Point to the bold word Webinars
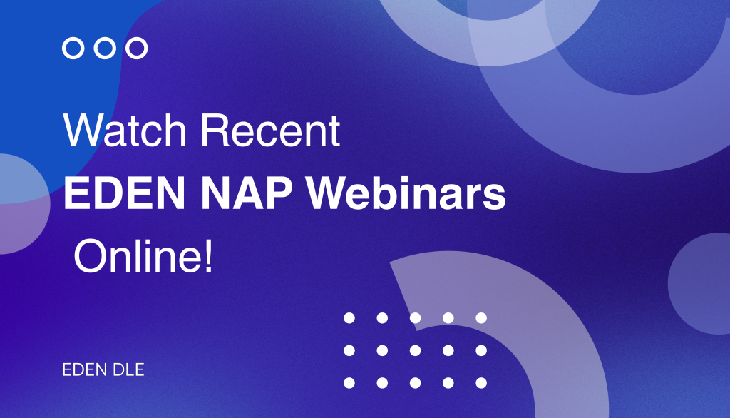[416, 194]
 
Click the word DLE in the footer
[128, 371]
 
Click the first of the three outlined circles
[73, 49]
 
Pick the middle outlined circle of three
[105, 49]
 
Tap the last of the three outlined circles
[137, 49]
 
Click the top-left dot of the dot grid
[349, 317]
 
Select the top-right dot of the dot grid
[481, 317]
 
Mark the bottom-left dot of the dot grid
[349, 383]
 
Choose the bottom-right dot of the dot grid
[481, 383]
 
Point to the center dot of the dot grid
[415, 350]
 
